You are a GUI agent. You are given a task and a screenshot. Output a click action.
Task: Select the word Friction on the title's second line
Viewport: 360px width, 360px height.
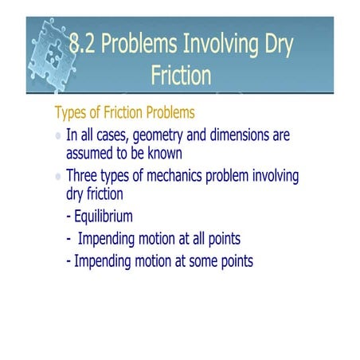[181, 75]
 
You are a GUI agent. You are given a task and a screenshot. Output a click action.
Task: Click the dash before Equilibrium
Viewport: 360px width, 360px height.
[68, 216]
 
